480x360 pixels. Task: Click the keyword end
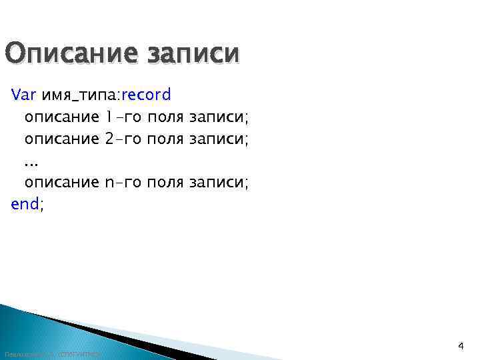(25, 204)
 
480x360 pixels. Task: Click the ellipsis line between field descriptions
(31, 161)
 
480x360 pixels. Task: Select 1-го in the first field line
(123, 117)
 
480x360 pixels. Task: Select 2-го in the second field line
(123, 139)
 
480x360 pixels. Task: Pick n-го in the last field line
(123, 182)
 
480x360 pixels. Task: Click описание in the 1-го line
(61, 117)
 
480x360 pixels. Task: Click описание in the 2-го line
(61, 139)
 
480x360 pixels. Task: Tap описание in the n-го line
(61, 182)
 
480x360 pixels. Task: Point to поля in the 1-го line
(166, 117)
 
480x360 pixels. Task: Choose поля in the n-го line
(166, 182)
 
